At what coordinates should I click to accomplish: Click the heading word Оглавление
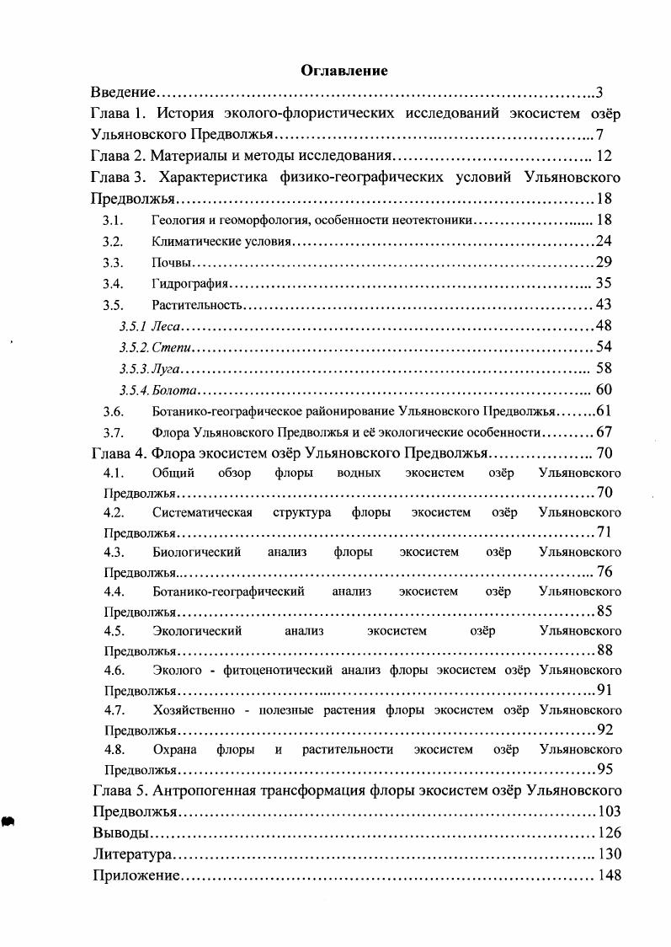tap(343, 72)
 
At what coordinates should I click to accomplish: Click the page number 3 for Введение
tap(599, 93)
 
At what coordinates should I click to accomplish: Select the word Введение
tap(125, 93)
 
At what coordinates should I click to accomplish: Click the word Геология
tap(178, 221)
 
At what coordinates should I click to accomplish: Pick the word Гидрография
tap(191, 284)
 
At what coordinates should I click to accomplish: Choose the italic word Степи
tap(177, 347)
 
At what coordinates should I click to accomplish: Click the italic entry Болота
tap(178, 390)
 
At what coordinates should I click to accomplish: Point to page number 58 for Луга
tap(604, 368)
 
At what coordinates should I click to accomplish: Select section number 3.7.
tap(114, 433)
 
